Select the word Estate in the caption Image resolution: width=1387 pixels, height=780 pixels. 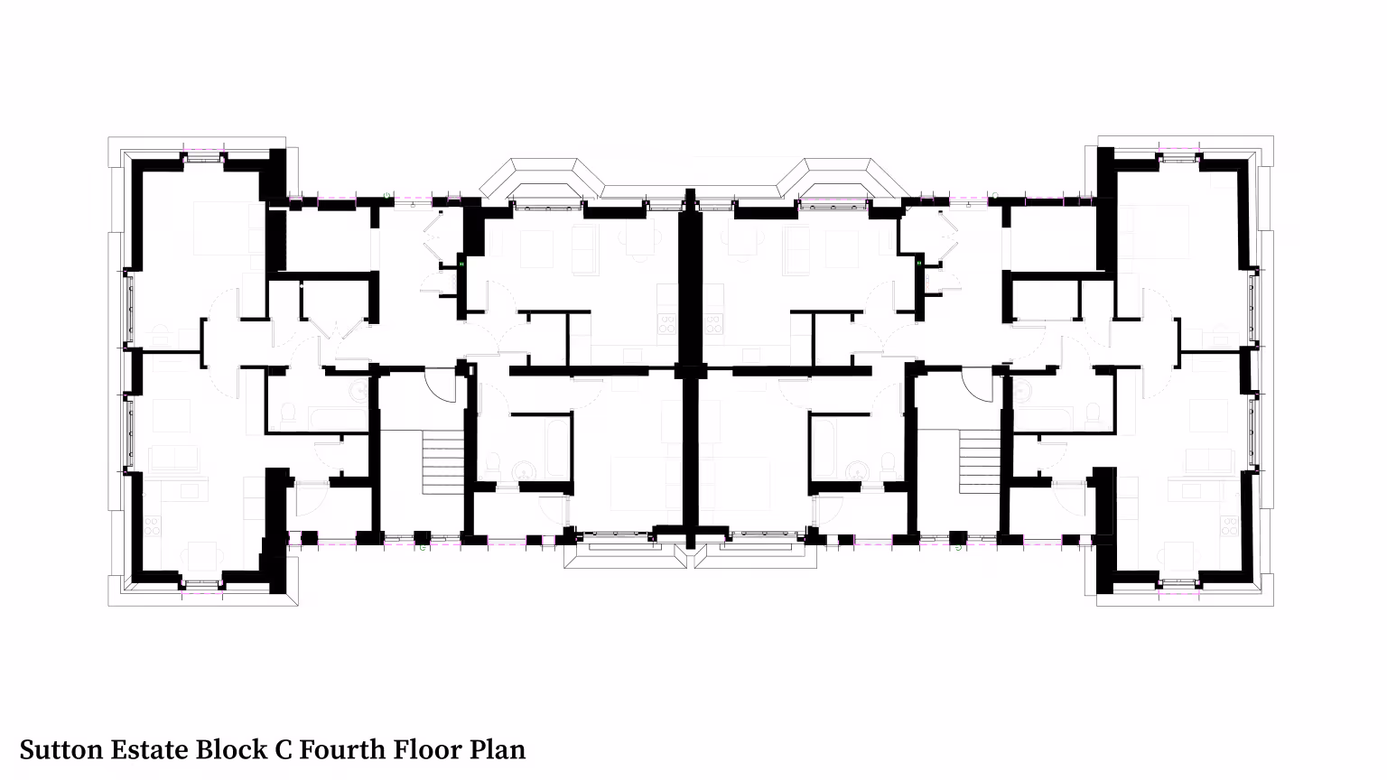(x=150, y=749)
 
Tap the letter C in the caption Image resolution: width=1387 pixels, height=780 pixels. (x=283, y=749)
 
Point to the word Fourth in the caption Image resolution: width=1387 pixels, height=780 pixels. (x=343, y=749)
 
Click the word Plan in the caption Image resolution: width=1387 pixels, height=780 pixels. (x=498, y=749)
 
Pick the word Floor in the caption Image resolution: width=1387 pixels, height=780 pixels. (x=428, y=749)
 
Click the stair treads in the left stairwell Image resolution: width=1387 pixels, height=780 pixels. (x=442, y=462)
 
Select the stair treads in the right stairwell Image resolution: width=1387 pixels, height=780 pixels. (x=980, y=462)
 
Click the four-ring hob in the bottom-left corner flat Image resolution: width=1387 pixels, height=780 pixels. (x=153, y=527)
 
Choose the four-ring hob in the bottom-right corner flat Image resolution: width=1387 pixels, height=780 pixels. (x=1230, y=527)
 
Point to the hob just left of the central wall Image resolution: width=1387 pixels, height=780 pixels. (x=667, y=324)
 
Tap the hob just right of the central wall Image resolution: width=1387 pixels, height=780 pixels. (x=713, y=324)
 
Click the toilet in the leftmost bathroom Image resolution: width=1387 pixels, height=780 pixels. (x=289, y=413)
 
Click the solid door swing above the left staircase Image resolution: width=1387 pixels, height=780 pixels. (x=441, y=384)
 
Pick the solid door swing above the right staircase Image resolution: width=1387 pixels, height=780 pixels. (x=978, y=384)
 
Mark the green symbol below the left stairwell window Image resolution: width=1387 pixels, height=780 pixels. (x=423, y=548)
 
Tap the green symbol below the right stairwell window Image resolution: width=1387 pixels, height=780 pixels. (x=958, y=548)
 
